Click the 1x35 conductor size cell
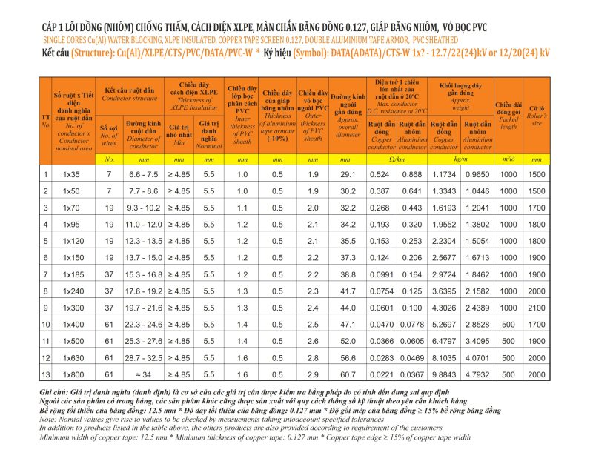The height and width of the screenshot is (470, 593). coord(71,174)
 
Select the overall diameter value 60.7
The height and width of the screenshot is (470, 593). coord(348,375)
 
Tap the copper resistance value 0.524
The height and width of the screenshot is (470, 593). coord(381,174)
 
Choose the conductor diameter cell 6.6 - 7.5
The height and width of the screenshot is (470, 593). coord(143,174)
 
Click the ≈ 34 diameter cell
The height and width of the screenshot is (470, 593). coord(143,375)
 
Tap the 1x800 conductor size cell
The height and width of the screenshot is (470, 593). coord(71,375)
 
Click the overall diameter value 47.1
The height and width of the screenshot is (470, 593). coord(348,325)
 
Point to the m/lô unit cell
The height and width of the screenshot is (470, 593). coord(509,159)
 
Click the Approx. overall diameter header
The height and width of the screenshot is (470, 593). coord(348,119)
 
